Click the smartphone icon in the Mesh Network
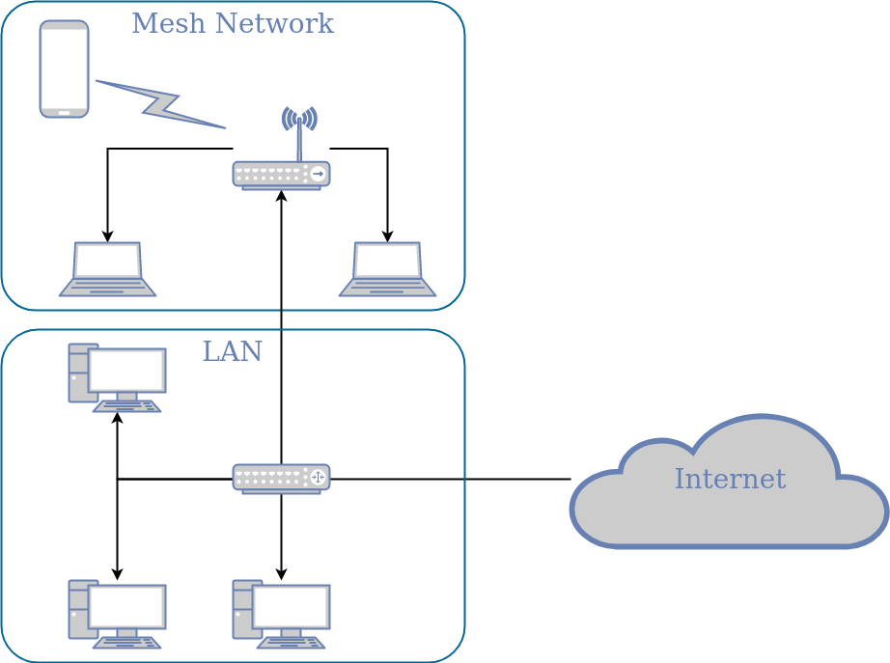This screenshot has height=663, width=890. tap(64, 69)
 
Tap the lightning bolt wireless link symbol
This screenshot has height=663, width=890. tap(159, 104)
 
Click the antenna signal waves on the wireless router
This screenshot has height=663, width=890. tap(299, 119)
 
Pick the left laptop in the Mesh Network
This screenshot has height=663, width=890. tap(107, 269)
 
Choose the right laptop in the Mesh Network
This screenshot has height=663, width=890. tap(387, 269)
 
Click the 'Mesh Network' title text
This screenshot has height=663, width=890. tap(232, 23)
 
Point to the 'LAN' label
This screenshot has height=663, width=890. tap(232, 352)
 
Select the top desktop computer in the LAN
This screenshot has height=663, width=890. tap(117, 377)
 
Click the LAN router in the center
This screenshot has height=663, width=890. tap(281, 479)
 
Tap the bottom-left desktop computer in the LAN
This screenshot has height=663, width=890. tap(117, 614)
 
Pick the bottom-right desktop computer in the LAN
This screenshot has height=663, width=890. tap(281, 614)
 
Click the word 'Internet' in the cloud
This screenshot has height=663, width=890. tap(730, 479)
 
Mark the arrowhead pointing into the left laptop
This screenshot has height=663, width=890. tap(107, 236)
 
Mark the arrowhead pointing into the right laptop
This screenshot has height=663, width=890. tap(387, 236)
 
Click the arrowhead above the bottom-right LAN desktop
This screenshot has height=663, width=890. tap(281, 574)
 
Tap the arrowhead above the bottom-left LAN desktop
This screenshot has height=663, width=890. tap(117, 574)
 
